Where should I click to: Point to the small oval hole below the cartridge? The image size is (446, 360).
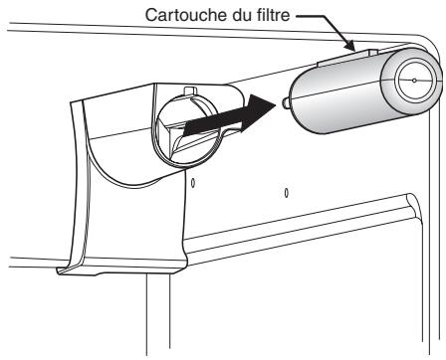point(285,191)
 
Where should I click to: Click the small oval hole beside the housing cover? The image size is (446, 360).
point(194,183)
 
